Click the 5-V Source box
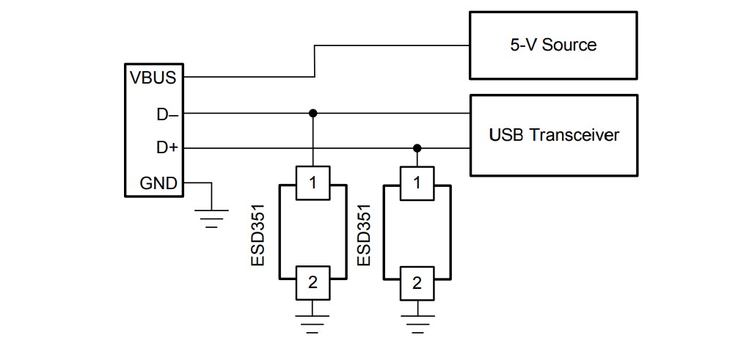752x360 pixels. tap(553, 45)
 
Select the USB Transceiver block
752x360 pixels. tap(553, 135)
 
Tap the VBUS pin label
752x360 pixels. tap(153, 78)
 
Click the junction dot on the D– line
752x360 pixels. tap(313, 113)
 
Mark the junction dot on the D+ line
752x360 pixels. tap(417, 148)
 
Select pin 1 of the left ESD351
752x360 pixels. tap(313, 183)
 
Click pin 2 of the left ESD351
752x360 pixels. tap(313, 282)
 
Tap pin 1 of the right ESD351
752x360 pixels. tap(417, 183)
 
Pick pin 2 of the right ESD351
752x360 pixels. tap(417, 282)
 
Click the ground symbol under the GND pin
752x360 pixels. tap(211, 218)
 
